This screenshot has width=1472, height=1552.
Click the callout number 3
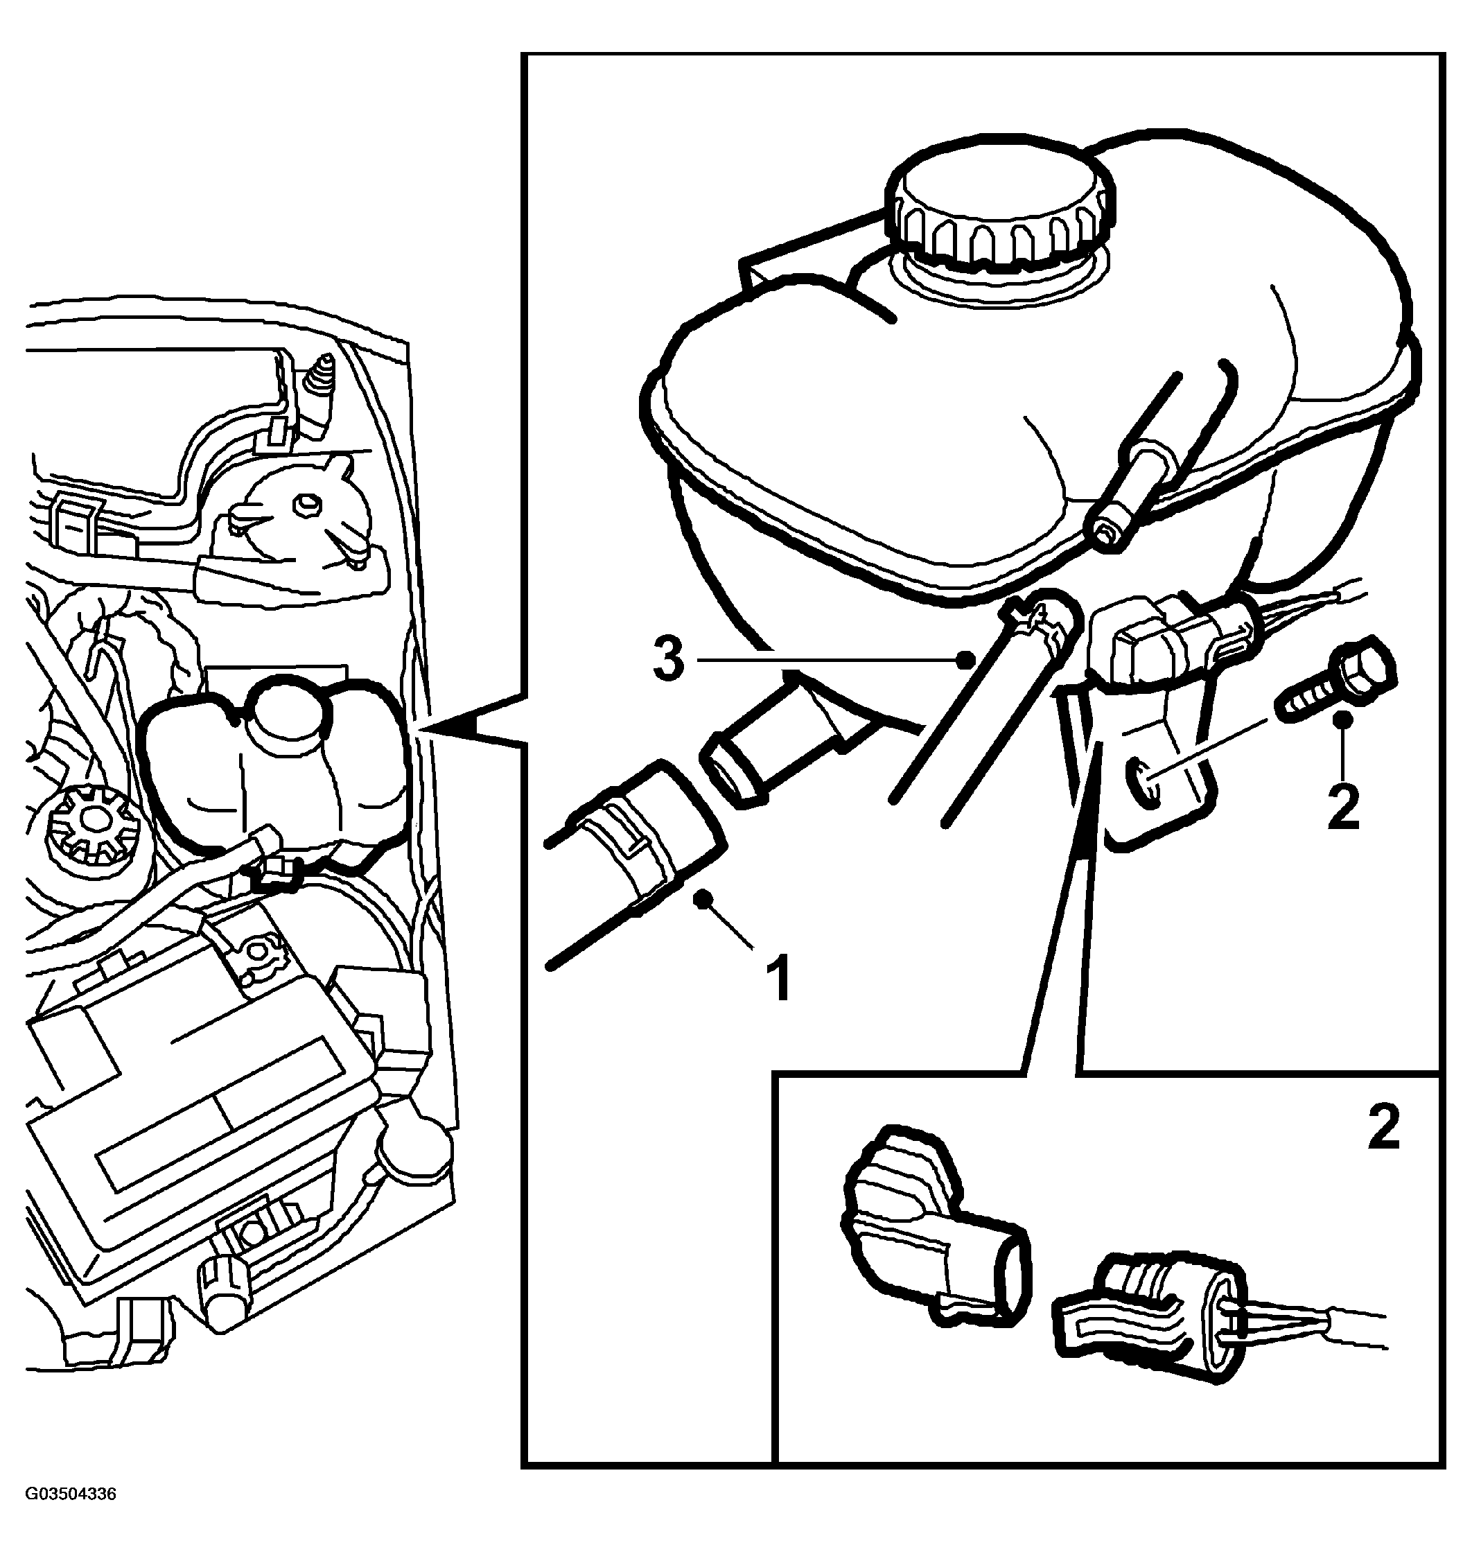pos(669,661)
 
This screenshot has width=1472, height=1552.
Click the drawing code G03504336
pos(71,1516)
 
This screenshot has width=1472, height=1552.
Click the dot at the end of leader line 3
pos(967,660)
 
